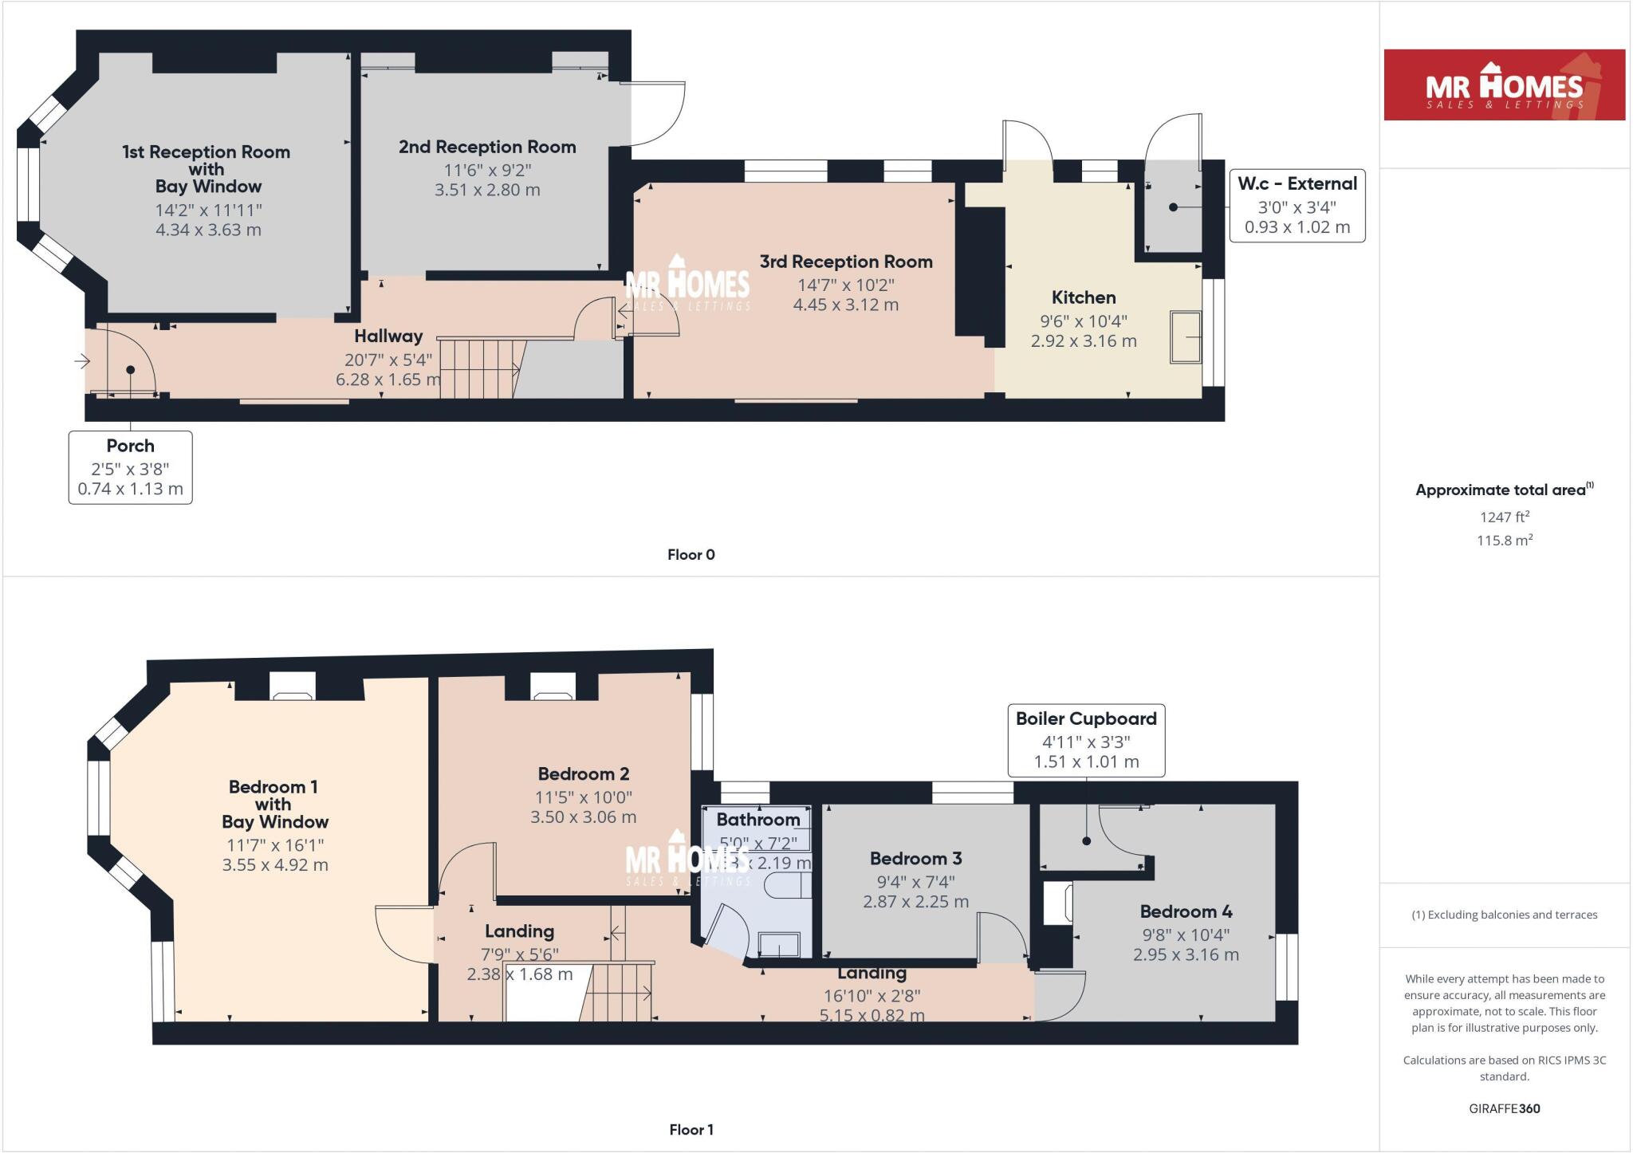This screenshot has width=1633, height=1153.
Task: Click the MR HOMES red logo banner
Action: [1504, 85]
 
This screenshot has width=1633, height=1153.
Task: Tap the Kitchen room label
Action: [1083, 298]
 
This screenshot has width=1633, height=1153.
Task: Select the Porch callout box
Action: [130, 467]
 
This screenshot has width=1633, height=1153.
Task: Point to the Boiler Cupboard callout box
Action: [1086, 739]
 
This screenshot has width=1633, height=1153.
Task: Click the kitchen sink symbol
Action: [1186, 337]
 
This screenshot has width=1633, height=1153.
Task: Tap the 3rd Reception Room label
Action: [845, 262]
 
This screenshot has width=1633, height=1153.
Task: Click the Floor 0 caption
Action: [691, 555]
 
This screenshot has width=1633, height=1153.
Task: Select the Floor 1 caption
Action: [691, 1130]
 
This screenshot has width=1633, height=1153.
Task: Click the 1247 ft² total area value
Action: [1504, 517]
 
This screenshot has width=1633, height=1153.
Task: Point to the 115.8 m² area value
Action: [1504, 540]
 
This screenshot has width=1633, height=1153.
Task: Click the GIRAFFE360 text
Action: [1504, 1108]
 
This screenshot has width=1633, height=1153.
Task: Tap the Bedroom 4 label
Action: [1186, 911]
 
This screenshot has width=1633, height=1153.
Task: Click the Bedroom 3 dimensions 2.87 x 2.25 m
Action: [915, 902]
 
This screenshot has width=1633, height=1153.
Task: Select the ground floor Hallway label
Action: [388, 336]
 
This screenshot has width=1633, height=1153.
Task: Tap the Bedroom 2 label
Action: [583, 773]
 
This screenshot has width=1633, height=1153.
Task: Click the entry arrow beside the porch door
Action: [82, 362]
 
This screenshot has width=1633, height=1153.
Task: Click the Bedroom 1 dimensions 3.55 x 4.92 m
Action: [275, 865]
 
